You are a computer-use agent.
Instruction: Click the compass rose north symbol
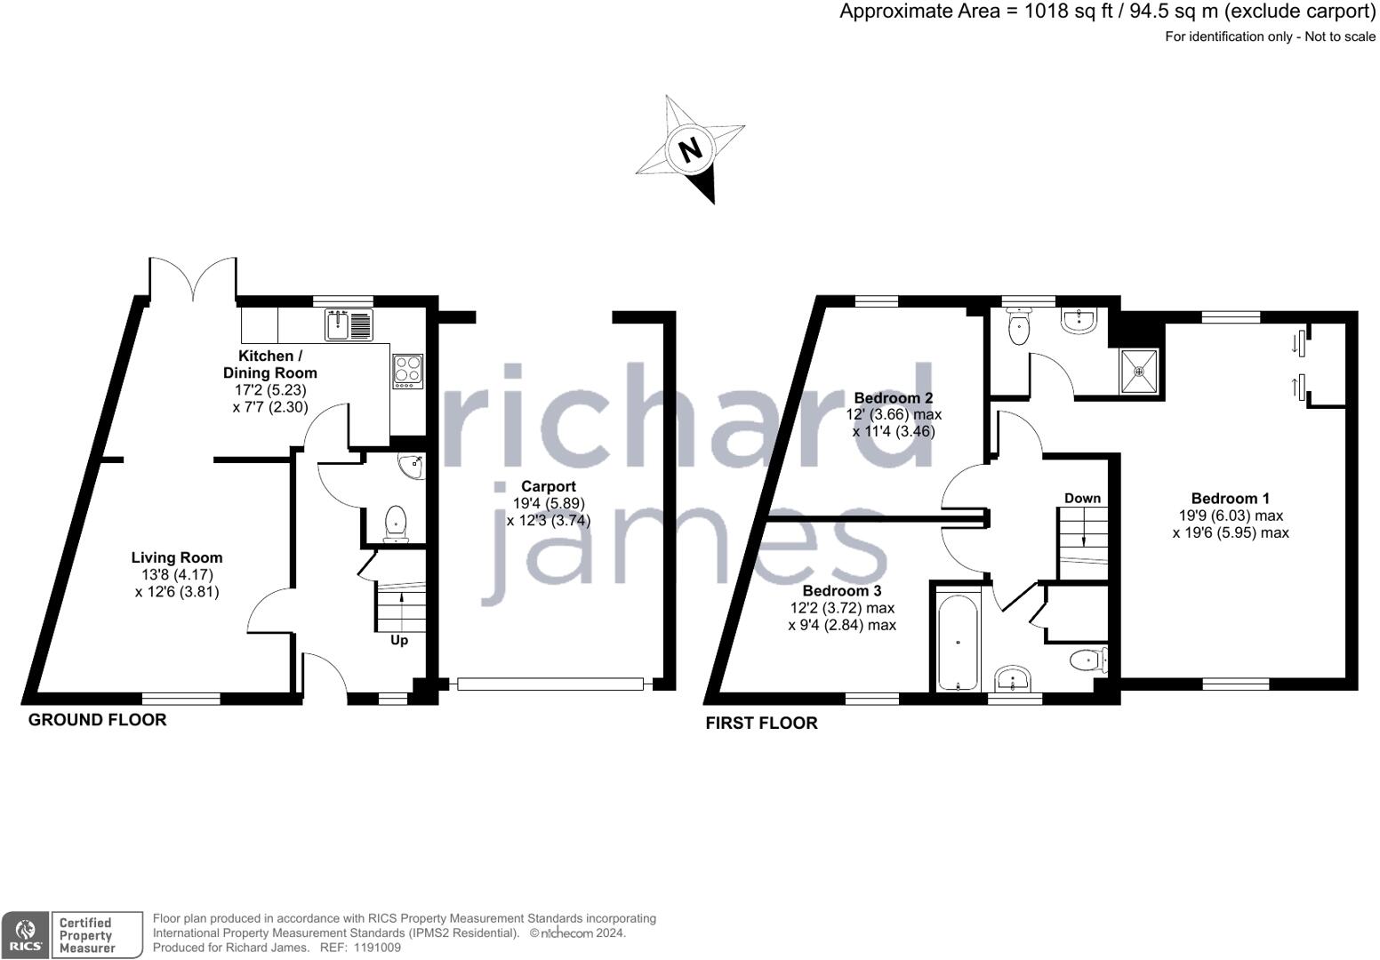tap(690, 148)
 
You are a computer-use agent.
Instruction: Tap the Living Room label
tap(177, 557)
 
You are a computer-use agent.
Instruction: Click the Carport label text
tap(548, 486)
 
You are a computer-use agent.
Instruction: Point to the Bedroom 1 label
tap(1230, 498)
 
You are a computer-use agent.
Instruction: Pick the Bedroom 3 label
tap(841, 590)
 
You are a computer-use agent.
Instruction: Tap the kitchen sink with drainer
tap(349, 324)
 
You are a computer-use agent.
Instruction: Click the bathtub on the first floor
tap(957, 637)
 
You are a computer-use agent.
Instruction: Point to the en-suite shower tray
tap(1139, 371)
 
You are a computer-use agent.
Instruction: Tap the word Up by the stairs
tap(399, 640)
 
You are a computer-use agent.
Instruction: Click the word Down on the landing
tap(1082, 498)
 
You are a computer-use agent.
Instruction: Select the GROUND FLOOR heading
tap(97, 719)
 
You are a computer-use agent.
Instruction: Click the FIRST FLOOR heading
tap(761, 723)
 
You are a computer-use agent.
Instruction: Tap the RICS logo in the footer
tap(25, 934)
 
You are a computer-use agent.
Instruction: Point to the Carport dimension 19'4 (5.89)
tap(548, 503)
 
